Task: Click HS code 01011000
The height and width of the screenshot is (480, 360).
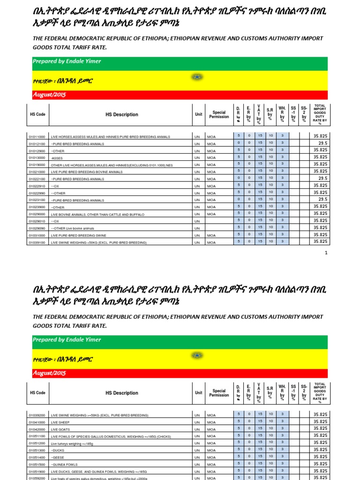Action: tap(37, 136)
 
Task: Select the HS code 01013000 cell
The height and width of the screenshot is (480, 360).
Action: tap(37, 158)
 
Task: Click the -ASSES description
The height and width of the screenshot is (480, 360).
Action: tap(58, 158)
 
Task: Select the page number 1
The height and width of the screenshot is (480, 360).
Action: tap(326, 253)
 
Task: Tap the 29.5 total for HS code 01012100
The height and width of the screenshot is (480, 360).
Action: tap(322, 143)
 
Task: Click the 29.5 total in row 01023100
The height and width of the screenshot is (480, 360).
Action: tap(322, 200)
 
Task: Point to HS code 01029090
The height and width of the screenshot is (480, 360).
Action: tap(37, 228)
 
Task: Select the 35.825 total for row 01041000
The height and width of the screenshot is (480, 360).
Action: tap(320, 422)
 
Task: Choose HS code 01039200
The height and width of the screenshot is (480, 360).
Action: tap(37, 415)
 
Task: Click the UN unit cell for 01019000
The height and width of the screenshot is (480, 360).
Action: tap(197, 165)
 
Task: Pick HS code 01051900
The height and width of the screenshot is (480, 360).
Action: tap(37, 472)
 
